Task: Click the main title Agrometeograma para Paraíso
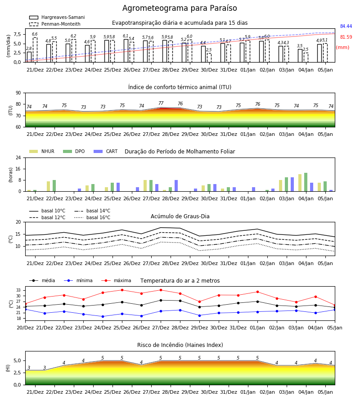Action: [180, 8]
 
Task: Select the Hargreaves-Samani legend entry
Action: [57, 17]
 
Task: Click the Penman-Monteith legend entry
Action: [55, 24]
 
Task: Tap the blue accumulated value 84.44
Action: [346, 26]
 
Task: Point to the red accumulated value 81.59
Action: [346, 37]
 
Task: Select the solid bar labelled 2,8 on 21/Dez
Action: [29, 57]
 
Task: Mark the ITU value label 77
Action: [161, 103]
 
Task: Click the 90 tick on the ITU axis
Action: [18, 93]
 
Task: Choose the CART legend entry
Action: [106, 151]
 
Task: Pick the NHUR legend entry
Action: [42, 151]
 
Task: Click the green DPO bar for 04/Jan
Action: [306, 182]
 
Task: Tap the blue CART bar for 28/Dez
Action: [176, 186]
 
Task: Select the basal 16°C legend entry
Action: [92, 217]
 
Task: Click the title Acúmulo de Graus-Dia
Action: [180, 216]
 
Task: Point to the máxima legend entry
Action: [116, 280]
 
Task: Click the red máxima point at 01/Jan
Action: [257, 292]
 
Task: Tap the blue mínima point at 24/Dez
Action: [103, 316]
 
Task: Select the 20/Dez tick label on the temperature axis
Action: [25, 328]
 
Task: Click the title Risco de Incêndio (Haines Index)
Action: [180, 345]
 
